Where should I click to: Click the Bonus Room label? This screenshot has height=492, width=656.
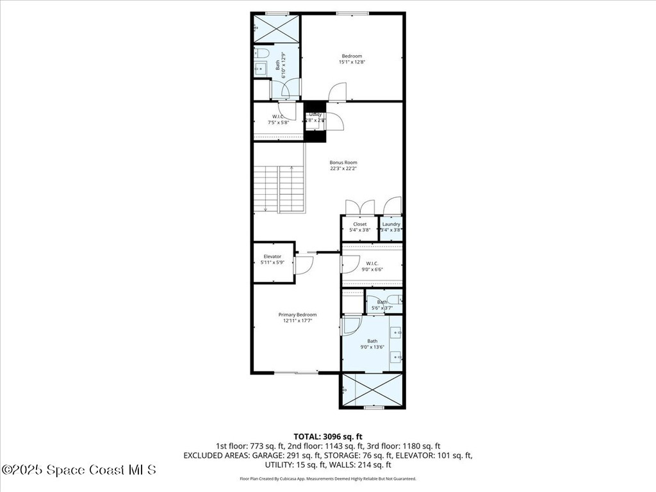(343, 163)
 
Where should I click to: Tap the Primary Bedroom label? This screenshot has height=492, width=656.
(297, 315)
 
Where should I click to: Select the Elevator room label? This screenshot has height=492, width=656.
(272, 256)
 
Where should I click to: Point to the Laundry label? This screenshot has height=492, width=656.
(391, 224)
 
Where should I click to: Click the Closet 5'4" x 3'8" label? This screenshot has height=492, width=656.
(359, 224)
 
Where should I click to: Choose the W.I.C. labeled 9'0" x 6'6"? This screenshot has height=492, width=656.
(372, 263)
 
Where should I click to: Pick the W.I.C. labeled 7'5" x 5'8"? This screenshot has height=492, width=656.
(278, 117)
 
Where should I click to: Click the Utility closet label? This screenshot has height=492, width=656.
(315, 115)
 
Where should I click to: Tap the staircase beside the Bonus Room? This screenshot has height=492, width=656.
(279, 190)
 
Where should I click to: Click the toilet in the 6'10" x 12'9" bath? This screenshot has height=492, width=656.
(262, 53)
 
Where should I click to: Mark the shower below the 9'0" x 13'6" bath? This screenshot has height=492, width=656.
(372, 389)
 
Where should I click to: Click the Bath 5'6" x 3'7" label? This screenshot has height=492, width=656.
(383, 302)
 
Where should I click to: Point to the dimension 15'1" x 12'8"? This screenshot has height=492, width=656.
(352, 62)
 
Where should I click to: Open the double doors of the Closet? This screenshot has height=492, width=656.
(359, 208)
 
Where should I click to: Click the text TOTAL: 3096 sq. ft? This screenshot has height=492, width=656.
(327, 436)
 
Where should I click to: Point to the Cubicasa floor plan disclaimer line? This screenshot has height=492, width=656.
(327, 479)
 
